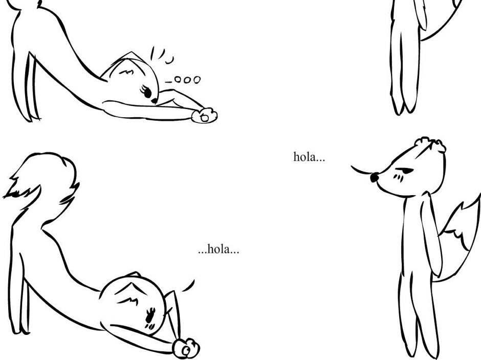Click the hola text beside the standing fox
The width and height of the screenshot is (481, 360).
point(309,157)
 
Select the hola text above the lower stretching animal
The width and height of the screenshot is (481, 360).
point(218,249)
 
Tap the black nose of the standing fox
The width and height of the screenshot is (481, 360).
point(375,177)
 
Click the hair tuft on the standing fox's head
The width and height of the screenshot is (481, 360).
point(430,144)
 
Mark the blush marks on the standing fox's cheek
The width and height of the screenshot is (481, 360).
point(398,177)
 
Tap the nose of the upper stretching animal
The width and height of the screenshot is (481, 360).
point(154,101)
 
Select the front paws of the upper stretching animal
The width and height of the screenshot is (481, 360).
point(205,115)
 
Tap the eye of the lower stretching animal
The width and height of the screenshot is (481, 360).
point(150,316)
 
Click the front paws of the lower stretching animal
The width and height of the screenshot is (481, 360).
point(186,348)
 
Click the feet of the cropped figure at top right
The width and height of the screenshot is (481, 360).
point(404,108)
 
